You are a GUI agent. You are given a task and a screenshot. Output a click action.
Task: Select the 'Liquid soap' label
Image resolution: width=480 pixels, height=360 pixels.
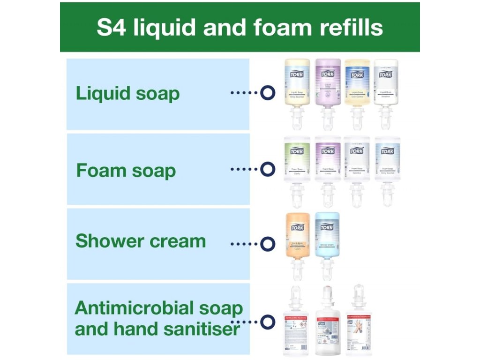point(127,93)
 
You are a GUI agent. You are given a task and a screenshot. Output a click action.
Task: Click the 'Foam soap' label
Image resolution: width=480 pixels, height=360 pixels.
point(126,170)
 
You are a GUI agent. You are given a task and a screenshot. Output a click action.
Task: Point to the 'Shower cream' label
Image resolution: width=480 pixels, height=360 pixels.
point(141,241)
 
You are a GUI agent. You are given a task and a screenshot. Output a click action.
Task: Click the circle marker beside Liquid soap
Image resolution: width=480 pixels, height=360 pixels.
point(267,93)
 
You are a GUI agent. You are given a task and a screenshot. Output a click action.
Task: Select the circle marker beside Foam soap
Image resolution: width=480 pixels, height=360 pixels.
point(267,169)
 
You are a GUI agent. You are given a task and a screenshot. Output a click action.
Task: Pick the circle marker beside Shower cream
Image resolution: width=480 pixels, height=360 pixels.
point(267,244)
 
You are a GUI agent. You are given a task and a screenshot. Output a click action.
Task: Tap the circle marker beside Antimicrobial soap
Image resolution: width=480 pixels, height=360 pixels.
point(267,322)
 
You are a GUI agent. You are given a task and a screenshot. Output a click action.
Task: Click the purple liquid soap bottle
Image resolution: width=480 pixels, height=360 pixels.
point(328,84)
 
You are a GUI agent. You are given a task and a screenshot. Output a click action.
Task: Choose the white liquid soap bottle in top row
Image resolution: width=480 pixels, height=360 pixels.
point(386,84)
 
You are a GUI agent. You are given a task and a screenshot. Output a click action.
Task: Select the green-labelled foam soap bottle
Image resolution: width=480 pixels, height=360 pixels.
point(297,162)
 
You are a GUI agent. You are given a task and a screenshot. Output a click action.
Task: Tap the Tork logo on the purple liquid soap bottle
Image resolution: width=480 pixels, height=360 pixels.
point(327,74)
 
